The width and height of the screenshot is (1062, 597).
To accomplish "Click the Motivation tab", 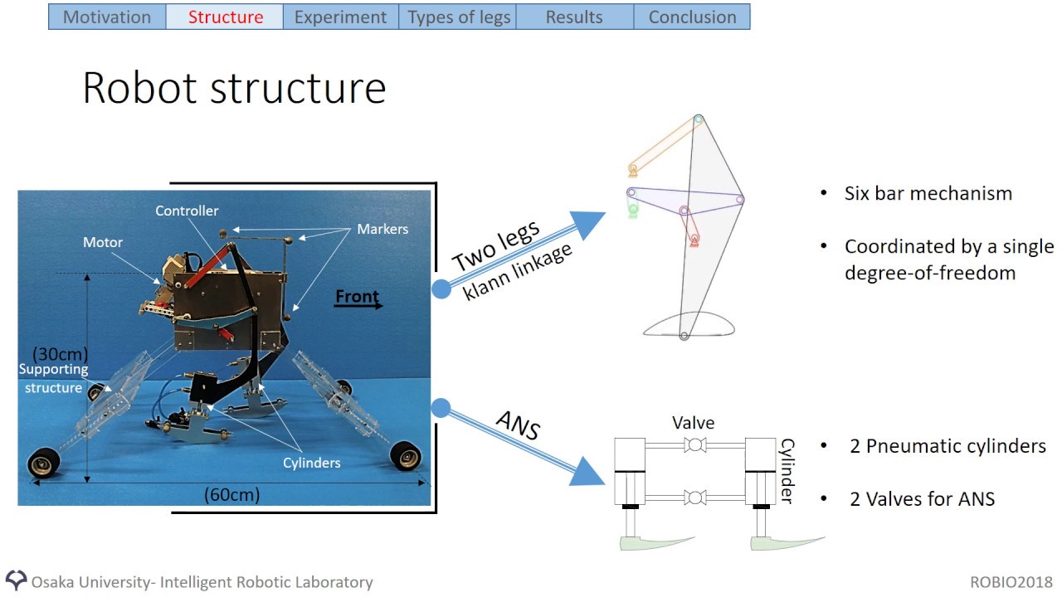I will tap(107, 17).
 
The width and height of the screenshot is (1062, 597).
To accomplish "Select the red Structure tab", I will tap(225, 17).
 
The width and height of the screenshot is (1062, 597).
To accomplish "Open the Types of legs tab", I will tap(458, 17).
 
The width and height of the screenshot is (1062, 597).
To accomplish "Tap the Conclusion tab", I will tap(692, 17).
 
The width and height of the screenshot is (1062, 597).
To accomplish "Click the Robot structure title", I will tap(234, 88).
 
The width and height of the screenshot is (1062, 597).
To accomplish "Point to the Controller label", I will tap(187, 211).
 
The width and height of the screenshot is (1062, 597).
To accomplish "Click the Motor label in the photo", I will tap(103, 243).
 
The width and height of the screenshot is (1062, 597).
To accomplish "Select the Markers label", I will tap(382, 229).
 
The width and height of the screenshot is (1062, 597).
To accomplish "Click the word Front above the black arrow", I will tap(357, 296).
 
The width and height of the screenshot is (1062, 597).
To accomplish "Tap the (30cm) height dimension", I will tap(60, 354).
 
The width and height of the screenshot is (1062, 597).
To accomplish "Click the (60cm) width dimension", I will tap(232, 495).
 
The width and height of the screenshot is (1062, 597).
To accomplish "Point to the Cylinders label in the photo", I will tap(312, 463).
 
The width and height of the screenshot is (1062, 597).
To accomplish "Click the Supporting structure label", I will tap(53, 379).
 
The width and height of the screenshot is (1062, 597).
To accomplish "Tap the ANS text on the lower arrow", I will tap(518, 425).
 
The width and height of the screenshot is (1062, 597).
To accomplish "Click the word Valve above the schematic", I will tap(694, 423).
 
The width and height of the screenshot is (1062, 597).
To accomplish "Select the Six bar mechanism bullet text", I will tap(928, 194).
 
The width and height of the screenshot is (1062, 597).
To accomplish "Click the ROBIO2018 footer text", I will tap(1011, 582).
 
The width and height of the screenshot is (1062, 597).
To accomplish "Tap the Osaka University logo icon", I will tap(16, 580).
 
